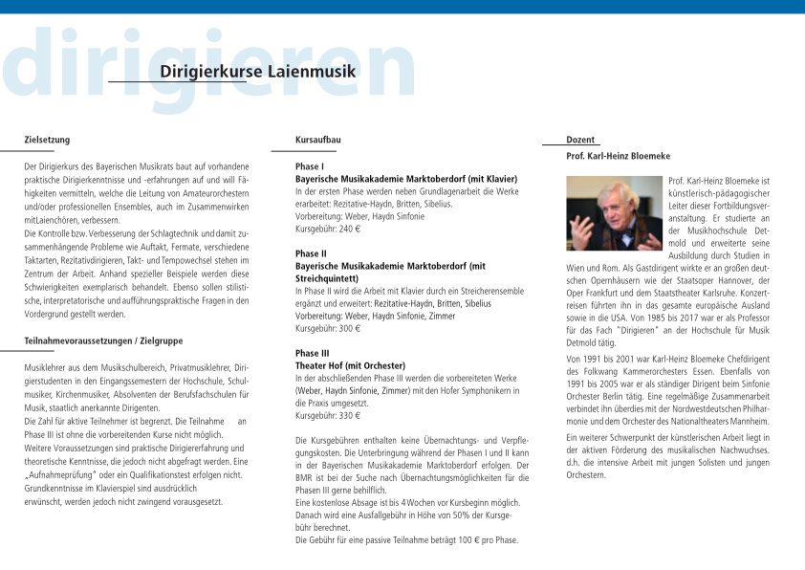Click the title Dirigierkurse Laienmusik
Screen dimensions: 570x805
coord(257,72)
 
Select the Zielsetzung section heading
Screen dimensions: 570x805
coord(47,141)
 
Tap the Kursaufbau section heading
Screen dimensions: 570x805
coord(318,141)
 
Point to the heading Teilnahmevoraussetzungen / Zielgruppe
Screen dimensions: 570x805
coord(103,340)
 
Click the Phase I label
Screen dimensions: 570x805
coord(310,166)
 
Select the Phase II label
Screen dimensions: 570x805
coord(312,253)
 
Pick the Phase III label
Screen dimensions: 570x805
coord(313,353)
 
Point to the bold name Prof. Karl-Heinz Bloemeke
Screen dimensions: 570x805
coord(618,156)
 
